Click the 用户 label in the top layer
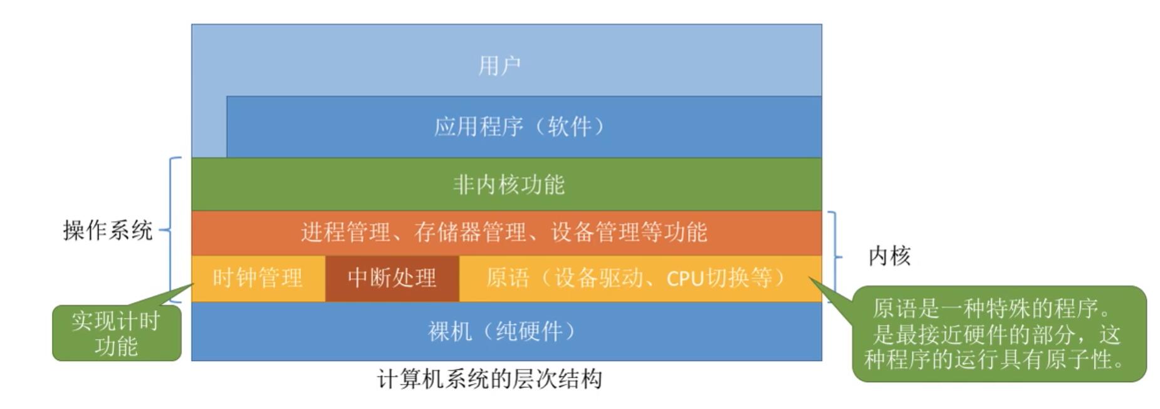tap(499, 65)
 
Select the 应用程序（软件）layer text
tap(520, 127)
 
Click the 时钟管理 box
tap(258, 278)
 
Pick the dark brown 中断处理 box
tap(392, 278)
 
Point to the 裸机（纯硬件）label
tap(501, 331)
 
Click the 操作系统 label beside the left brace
tap(108, 230)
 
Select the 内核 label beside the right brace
tap(889, 256)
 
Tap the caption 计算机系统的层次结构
tap(489, 379)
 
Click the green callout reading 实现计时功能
tap(116, 333)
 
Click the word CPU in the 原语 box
tap(685, 278)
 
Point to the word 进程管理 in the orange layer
tap(345, 232)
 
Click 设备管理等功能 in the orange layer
tap(629, 232)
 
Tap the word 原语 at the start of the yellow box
tap(507, 278)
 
